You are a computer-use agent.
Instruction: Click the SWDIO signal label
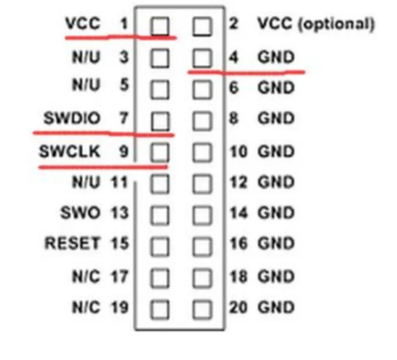click(72, 118)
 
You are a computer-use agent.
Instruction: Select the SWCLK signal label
click(69, 151)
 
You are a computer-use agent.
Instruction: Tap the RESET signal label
click(72, 243)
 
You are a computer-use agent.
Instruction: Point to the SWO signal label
click(80, 213)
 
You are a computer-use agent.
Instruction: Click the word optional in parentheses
click(336, 24)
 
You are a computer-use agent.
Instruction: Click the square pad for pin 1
click(160, 26)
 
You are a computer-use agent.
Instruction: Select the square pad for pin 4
click(202, 58)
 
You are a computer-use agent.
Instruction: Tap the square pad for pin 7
click(160, 121)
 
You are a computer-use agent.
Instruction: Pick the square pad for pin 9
click(160, 152)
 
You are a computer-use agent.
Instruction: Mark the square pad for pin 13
click(160, 216)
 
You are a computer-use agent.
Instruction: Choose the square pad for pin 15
click(160, 246)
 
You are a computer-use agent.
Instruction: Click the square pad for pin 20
click(202, 309)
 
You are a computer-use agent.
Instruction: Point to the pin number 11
click(119, 182)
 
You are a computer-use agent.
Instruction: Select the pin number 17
click(120, 276)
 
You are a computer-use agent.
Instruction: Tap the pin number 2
click(233, 24)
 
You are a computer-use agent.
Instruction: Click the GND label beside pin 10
click(276, 152)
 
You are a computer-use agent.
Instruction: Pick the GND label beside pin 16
click(276, 243)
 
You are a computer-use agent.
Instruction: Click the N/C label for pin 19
click(86, 307)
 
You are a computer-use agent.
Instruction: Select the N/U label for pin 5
click(86, 85)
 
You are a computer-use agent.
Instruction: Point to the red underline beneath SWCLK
click(103, 167)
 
